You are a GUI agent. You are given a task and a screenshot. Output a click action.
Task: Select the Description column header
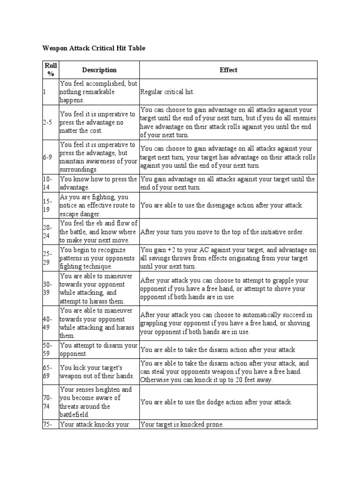(99, 70)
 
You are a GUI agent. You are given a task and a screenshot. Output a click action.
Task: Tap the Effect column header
(228, 70)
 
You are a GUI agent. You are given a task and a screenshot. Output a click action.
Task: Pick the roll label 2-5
(47, 122)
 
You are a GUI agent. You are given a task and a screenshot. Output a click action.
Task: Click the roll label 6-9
(47, 157)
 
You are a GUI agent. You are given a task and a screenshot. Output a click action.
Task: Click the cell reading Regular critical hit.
(167, 92)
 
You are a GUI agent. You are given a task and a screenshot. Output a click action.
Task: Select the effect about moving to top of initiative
(222, 232)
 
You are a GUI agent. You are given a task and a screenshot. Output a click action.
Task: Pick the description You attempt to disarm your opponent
(98, 349)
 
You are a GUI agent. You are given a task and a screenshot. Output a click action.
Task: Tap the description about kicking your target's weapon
(97, 372)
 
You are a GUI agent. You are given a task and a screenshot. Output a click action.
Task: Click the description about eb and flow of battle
(98, 232)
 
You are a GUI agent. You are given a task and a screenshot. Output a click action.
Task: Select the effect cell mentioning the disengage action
(222, 205)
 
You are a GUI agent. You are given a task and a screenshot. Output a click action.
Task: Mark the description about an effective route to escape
(98, 205)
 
